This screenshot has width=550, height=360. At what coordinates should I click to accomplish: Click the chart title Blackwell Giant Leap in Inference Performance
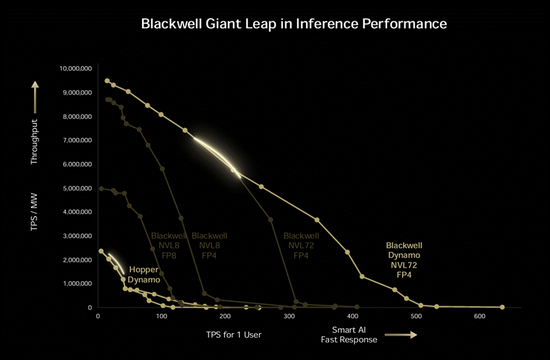pyautogui.click(x=294, y=24)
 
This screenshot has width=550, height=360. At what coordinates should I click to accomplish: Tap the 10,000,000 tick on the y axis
pyautogui.click(x=76, y=68)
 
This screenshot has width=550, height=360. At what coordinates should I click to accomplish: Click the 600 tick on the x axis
pyautogui.click(x=479, y=316)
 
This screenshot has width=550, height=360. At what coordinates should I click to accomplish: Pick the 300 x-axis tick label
pyautogui.click(x=288, y=316)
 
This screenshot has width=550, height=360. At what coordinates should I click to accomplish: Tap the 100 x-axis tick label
pyautogui.click(x=162, y=316)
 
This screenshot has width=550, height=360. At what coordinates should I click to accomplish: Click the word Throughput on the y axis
pyautogui.click(x=34, y=141)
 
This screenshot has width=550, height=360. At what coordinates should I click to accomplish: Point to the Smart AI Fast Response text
pyautogui.click(x=349, y=335)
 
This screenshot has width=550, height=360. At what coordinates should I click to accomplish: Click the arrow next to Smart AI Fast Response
pyautogui.click(x=404, y=335)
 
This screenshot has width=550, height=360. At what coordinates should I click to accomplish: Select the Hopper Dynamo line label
pyautogui.click(x=144, y=275)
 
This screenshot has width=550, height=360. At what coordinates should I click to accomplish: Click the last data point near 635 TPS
pyautogui.click(x=502, y=307)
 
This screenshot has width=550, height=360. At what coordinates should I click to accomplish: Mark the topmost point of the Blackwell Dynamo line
pyautogui.click(x=107, y=81)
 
